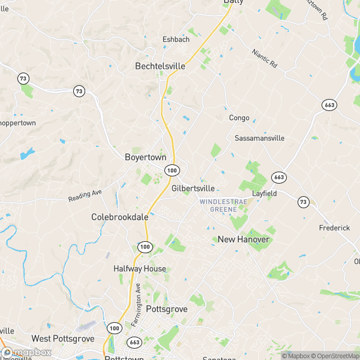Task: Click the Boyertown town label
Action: point(145,157)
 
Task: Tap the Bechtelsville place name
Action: point(160,67)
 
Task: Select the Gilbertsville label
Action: point(193,188)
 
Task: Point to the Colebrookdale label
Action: point(119,217)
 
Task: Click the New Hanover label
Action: point(244,239)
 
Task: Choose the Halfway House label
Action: point(140,269)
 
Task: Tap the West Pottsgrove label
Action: point(63,339)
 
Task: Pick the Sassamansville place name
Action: point(259,138)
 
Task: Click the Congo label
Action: point(239,118)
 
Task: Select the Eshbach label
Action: point(176,40)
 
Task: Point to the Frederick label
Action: point(334,228)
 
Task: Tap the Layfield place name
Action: point(264,194)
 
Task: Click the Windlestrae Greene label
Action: point(223,206)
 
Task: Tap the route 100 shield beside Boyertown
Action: point(172,171)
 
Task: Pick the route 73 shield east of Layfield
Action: point(304,202)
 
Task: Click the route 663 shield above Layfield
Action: point(278,177)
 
